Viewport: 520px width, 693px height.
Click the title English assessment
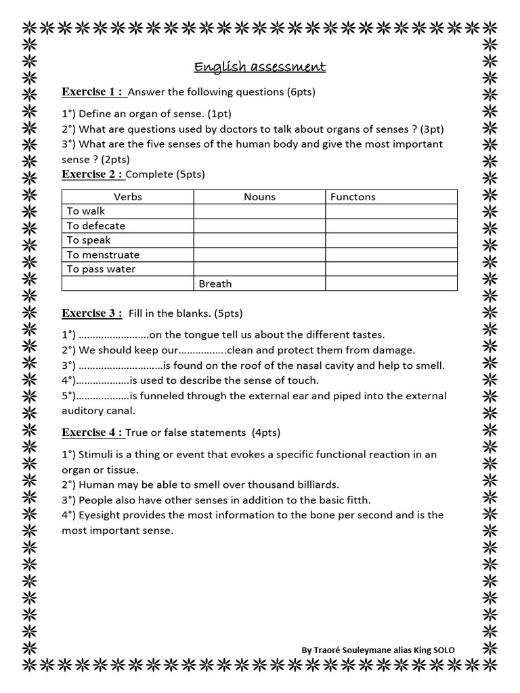coord(260,66)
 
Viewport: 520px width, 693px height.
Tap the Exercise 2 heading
coord(93,174)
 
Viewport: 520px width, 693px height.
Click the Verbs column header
coord(127,197)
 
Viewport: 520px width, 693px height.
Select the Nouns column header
coord(259,197)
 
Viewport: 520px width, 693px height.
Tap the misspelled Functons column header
coord(353,197)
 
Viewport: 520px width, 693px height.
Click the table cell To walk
coord(86,211)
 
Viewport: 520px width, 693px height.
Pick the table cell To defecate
coord(96,226)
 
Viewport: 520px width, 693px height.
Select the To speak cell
coord(89,240)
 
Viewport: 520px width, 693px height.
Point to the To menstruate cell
coord(103,255)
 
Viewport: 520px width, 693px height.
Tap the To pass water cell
coord(101,269)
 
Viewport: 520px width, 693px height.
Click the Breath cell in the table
coord(215,284)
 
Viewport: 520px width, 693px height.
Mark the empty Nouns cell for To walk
coord(259,211)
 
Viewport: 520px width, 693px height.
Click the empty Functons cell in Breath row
coord(391,284)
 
